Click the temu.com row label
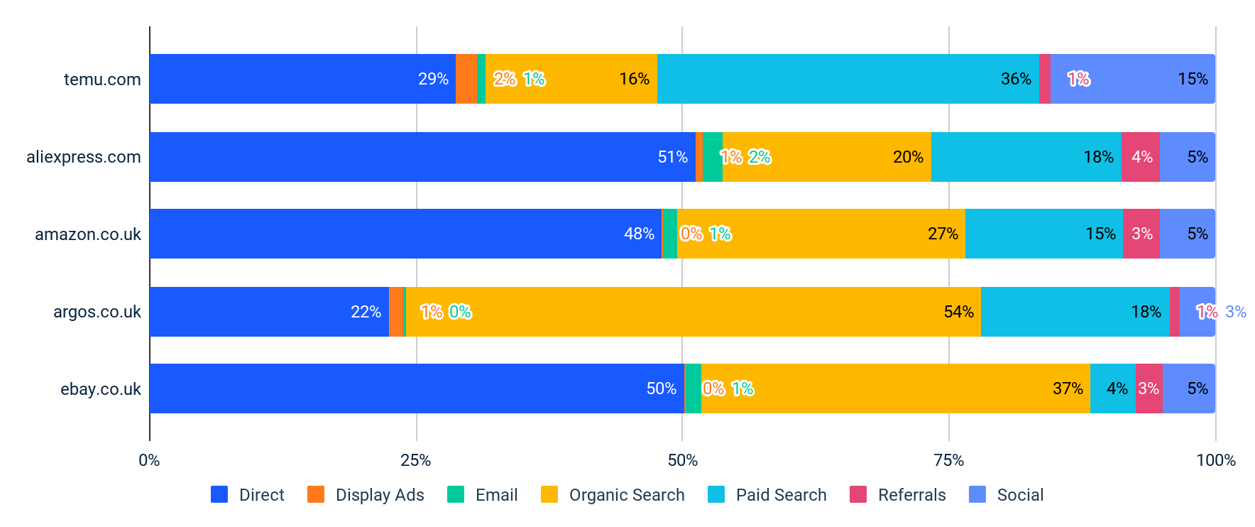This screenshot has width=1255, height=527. pyautogui.click(x=102, y=80)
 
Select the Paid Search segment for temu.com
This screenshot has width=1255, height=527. pyautogui.click(x=848, y=79)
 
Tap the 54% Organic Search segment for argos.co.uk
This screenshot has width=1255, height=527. pyautogui.click(x=693, y=312)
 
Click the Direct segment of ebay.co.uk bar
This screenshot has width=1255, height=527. pyautogui.click(x=416, y=389)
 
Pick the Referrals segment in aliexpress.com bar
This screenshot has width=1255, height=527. pyautogui.click(x=1140, y=157)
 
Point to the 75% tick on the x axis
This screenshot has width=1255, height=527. pyautogui.click(x=948, y=460)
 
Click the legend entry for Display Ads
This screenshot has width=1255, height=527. pyautogui.click(x=366, y=495)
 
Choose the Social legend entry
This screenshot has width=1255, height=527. pyautogui.click(x=1007, y=495)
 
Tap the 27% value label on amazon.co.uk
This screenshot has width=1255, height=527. pyautogui.click(x=942, y=234)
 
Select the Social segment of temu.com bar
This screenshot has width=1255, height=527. pyautogui.click(x=1132, y=79)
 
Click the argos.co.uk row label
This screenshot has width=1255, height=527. pyautogui.click(x=97, y=312)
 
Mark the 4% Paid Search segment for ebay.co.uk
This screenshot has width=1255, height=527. pyautogui.click(x=1112, y=389)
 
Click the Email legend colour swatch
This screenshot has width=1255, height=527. pyautogui.click(x=455, y=494)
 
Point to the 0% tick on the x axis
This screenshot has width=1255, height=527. pyautogui.click(x=149, y=460)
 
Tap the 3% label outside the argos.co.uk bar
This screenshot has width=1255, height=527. pyautogui.click(x=1235, y=312)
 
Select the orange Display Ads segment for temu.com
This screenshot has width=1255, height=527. pyautogui.click(x=466, y=79)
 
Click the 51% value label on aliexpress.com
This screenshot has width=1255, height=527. pyautogui.click(x=672, y=157)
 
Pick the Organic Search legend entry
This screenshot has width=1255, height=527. pyautogui.click(x=613, y=495)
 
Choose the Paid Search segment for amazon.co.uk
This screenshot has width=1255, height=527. pyautogui.click(x=1043, y=234)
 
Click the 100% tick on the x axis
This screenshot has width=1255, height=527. pyautogui.click(x=1215, y=460)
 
